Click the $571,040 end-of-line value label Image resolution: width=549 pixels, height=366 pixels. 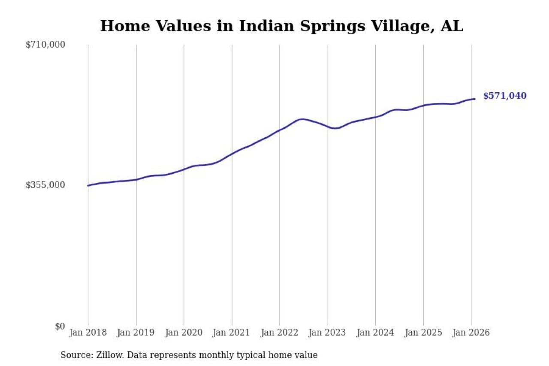point(504,96)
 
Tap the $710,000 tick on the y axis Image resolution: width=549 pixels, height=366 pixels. point(45,45)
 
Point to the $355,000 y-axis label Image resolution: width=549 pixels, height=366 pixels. point(45,185)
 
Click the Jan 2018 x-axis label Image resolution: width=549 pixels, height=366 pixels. point(88,333)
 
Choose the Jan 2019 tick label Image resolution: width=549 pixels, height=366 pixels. point(136,333)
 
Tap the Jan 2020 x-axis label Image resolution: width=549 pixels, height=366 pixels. point(184,333)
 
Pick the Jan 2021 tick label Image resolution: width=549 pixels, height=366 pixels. point(232,333)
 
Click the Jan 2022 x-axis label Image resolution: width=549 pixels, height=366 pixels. point(280,333)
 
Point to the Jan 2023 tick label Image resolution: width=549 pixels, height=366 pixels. point(328,333)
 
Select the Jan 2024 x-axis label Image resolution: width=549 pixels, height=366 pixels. point(375,333)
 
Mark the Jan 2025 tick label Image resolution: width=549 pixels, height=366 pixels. point(423,333)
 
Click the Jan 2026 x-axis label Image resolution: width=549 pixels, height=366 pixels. point(471,333)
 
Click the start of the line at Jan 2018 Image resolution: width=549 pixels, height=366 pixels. point(88,185)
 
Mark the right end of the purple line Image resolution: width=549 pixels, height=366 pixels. point(474,99)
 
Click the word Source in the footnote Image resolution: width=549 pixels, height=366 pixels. point(73,355)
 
